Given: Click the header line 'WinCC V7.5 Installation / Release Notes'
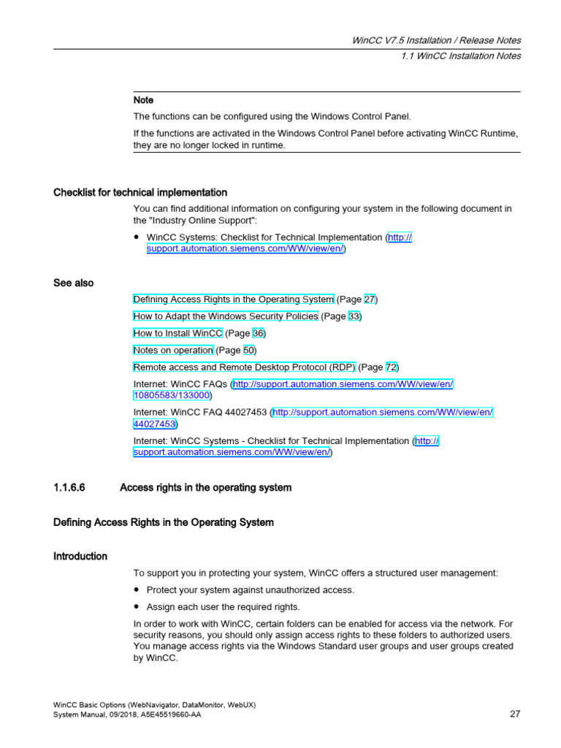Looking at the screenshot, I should click(x=436, y=41).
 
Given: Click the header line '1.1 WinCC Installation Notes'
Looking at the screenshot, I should click(x=461, y=56).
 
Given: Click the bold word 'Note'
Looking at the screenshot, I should click(x=143, y=100).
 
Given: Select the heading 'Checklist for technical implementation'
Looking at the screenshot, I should click(x=140, y=193).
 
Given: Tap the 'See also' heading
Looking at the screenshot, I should click(x=73, y=283).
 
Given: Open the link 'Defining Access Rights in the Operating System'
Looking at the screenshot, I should click(x=233, y=299).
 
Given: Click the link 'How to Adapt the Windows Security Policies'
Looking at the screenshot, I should click(x=226, y=316).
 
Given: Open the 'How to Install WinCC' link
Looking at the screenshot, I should click(x=178, y=333).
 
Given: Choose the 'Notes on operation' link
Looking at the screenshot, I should click(x=173, y=350).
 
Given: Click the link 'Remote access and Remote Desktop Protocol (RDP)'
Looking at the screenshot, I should click(x=244, y=367).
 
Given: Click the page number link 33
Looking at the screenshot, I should click(x=354, y=316).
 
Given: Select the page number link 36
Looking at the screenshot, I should click(x=259, y=333).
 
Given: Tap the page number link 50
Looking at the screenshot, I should click(x=249, y=350).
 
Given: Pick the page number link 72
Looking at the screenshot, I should click(x=392, y=367).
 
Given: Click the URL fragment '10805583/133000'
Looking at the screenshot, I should click(x=172, y=395).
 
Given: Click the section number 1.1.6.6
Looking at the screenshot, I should click(x=69, y=488).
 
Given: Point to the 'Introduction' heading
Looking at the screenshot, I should click(x=80, y=557).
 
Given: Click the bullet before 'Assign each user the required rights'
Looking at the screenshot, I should click(x=137, y=607).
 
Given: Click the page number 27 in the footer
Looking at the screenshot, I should click(x=514, y=714).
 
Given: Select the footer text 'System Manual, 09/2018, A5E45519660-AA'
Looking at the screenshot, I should click(x=128, y=715).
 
